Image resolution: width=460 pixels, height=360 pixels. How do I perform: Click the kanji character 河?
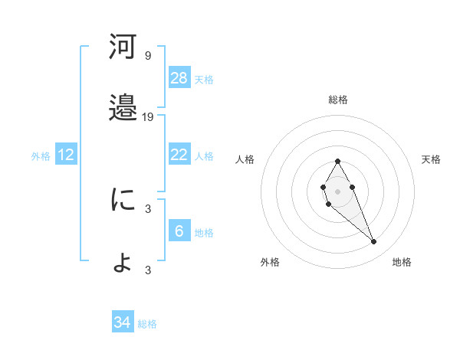pos(123,47)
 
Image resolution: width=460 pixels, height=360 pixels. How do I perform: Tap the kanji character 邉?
pos(123,108)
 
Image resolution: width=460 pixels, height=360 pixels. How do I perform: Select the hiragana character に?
pos(123,200)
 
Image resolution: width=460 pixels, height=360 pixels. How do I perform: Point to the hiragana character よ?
pos(123,261)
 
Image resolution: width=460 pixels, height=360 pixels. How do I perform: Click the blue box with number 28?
pos(179,77)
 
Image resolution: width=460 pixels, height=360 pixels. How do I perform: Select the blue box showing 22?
pos(179,155)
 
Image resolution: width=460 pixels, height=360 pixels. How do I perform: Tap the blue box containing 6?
pos(179,231)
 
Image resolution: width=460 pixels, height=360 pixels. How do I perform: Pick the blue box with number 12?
pos(66,155)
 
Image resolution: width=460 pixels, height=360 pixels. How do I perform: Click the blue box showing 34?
pos(123,322)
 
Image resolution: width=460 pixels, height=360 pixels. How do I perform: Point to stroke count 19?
pos(148,117)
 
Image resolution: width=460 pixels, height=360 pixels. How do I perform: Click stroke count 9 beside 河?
pos(148,56)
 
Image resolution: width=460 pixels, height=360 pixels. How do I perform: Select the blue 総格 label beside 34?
pos(147,324)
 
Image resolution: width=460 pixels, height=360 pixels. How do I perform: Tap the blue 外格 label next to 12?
pos(41,155)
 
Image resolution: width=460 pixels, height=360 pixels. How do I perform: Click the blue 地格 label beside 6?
pos(204,233)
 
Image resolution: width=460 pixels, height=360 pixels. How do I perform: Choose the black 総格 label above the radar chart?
pos(338,100)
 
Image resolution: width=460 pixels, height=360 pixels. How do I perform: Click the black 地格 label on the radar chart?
pos(402,263)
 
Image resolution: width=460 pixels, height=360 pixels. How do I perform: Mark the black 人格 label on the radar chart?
pos(245,159)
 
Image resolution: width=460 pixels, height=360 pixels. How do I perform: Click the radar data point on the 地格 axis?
pos(374,242)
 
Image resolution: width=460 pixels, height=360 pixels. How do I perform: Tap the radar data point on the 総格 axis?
pos(337,161)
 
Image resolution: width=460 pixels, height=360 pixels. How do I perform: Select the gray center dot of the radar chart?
pos(337,190)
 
